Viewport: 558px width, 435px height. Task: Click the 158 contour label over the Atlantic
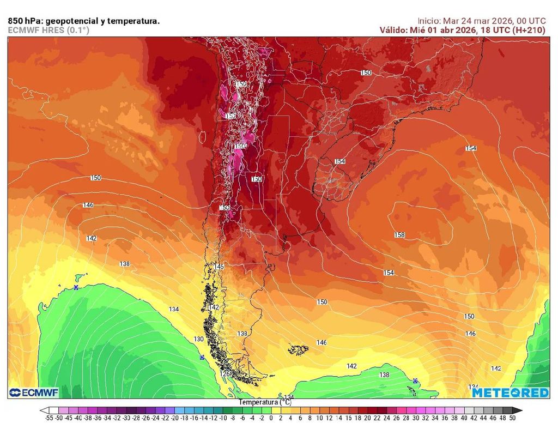[x=399, y=235]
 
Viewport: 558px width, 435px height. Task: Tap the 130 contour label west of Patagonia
[x=199, y=339]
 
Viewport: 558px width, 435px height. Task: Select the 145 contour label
[x=219, y=267]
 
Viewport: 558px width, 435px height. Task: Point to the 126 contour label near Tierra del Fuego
[x=226, y=374]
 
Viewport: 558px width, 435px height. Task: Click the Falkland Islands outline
[x=298, y=348]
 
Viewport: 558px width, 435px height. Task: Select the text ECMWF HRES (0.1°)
[x=48, y=31]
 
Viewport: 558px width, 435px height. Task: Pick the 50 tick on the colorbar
[x=512, y=418]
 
